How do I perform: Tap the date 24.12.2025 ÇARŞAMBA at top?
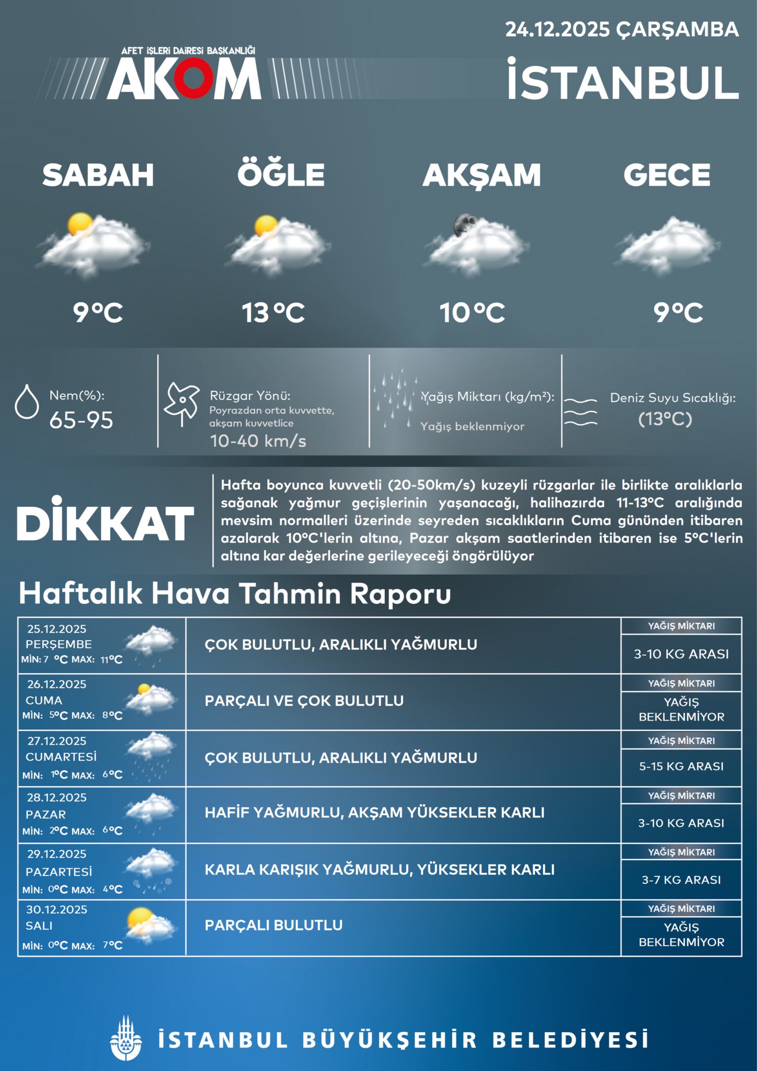coord(622,29)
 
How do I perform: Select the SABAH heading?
coord(98,175)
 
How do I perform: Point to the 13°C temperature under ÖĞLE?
coord(273,313)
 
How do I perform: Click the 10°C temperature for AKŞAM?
coord(472,313)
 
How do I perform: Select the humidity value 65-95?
coord(81,420)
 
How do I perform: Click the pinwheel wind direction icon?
coord(181,404)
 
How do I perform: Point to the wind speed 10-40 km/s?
coord(258,441)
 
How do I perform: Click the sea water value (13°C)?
coord(665,419)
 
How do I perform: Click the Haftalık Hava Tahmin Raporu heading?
coord(235,594)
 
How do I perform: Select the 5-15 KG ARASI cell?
coord(681,766)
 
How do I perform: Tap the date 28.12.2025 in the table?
coord(57,797)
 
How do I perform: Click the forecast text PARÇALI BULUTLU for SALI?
coord(273,925)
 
